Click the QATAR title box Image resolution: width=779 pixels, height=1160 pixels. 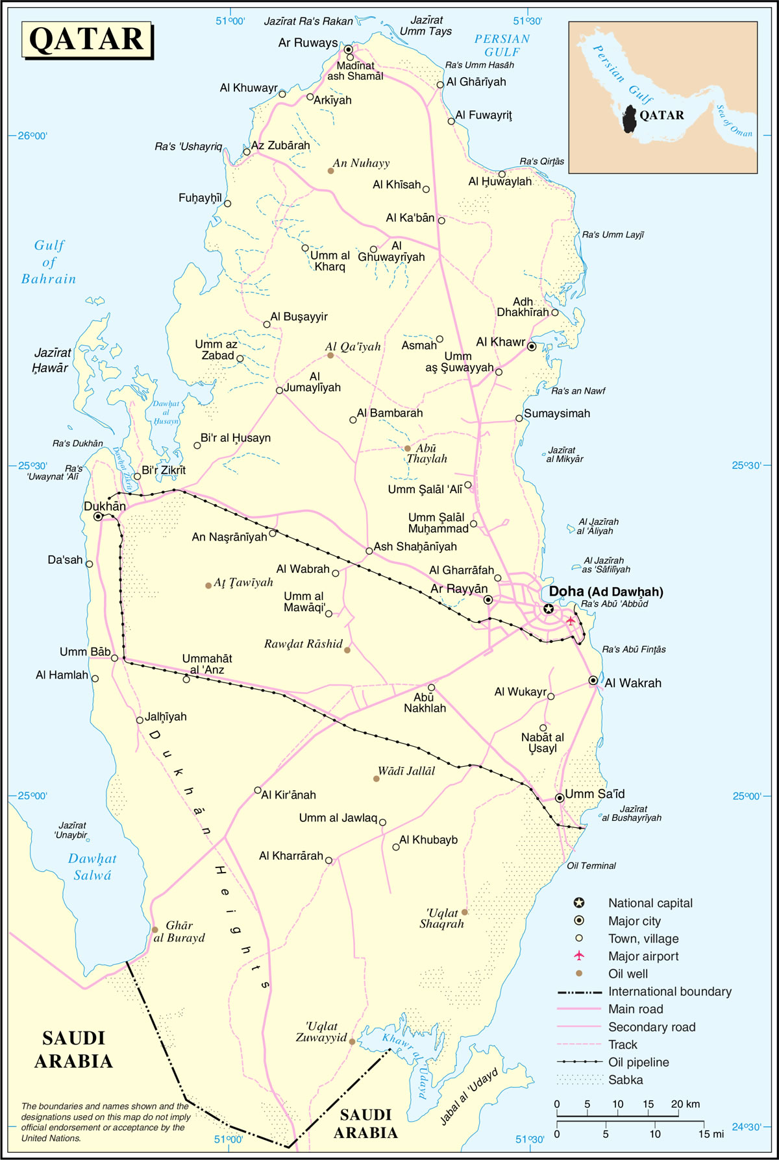[x=87, y=40]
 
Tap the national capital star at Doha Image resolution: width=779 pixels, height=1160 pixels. [x=549, y=609]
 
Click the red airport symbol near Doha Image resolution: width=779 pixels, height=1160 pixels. [x=571, y=621]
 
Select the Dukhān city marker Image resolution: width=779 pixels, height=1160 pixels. [x=98, y=517]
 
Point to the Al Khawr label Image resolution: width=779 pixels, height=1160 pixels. [x=501, y=342]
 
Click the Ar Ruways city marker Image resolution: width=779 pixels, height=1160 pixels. [x=348, y=49]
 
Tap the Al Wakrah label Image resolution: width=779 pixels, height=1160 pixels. [x=633, y=683]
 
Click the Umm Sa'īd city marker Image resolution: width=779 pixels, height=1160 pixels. [x=560, y=798]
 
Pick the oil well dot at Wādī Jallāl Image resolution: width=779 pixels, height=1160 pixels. [x=377, y=779]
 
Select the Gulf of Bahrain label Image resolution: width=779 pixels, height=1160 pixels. [x=49, y=262]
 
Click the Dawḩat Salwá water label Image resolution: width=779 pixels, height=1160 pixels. [x=92, y=867]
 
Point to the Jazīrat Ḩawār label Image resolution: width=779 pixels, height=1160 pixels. [x=51, y=360]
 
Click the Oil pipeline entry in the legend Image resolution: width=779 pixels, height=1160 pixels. [x=638, y=1062]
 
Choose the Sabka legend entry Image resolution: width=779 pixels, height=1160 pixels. [x=625, y=1080]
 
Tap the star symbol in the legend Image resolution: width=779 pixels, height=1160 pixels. [x=579, y=903]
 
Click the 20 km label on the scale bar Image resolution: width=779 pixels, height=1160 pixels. [x=685, y=1104]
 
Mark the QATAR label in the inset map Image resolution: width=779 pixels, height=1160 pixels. [x=662, y=115]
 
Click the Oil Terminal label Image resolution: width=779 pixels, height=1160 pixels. [x=591, y=865]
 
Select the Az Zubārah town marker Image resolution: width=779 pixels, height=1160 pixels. [x=247, y=152]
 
